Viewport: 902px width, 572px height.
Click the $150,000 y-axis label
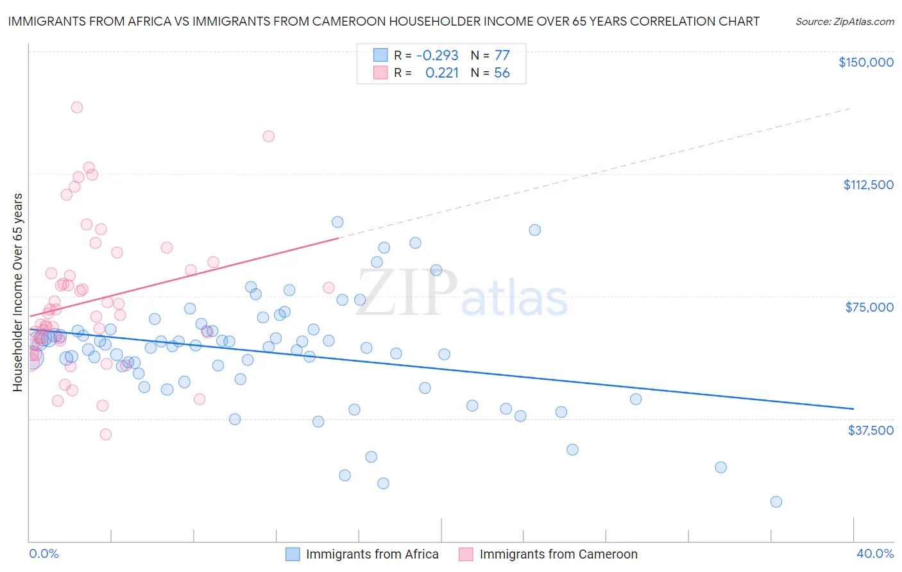pyautogui.click(x=865, y=62)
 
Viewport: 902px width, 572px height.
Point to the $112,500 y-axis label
pyautogui.click(x=868, y=185)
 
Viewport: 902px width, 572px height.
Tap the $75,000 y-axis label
pyautogui.click(x=869, y=307)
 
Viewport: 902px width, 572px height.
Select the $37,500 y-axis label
pyautogui.click(x=871, y=430)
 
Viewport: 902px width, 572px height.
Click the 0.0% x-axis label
pyautogui.click(x=44, y=553)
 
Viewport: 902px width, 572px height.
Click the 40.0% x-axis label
pyautogui.click(x=875, y=553)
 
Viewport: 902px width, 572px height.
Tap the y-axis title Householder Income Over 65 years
pyautogui.click(x=18, y=292)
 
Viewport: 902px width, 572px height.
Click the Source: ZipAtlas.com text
pyautogui.click(x=844, y=22)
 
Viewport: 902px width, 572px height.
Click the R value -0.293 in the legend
pyautogui.click(x=437, y=55)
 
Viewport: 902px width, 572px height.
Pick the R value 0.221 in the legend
pyautogui.click(x=442, y=73)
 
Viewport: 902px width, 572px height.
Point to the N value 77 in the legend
pyautogui.click(x=502, y=55)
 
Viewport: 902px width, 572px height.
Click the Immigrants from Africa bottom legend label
pyautogui.click(x=372, y=554)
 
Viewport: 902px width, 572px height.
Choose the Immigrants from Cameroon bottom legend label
pyautogui.click(x=558, y=554)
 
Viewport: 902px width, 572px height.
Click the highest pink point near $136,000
pyautogui.click(x=76, y=108)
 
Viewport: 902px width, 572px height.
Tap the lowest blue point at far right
pyautogui.click(x=776, y=501)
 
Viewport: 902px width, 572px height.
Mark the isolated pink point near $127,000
pyautogui.click(x=268, y=136)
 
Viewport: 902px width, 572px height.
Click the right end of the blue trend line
pyautogui.click(x=853, y=408)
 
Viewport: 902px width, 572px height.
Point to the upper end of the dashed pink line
pyautogui.click(x=851, y=109)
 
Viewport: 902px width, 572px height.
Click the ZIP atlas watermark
pyautogui.click(x=461, y=294)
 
